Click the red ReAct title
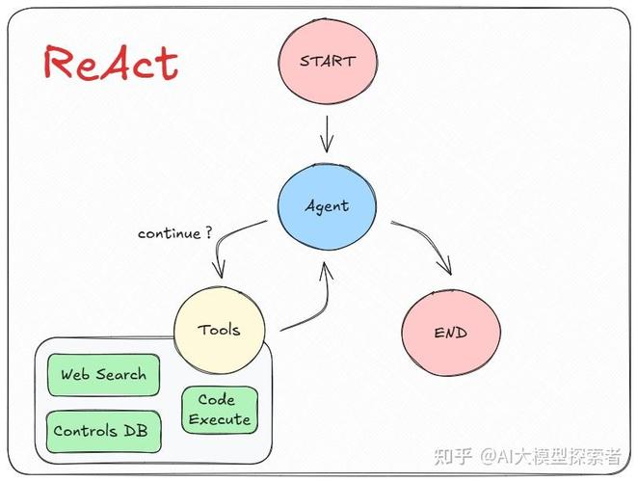111,63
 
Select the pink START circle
328,61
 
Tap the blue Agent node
327,206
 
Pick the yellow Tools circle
220,330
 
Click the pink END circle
451,333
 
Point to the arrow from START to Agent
327,134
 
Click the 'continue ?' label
175,233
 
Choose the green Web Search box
103,375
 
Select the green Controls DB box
103,432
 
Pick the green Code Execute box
220,410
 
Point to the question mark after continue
208,232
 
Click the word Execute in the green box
220,419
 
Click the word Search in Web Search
120,374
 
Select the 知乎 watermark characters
453,456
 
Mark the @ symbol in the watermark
488,457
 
